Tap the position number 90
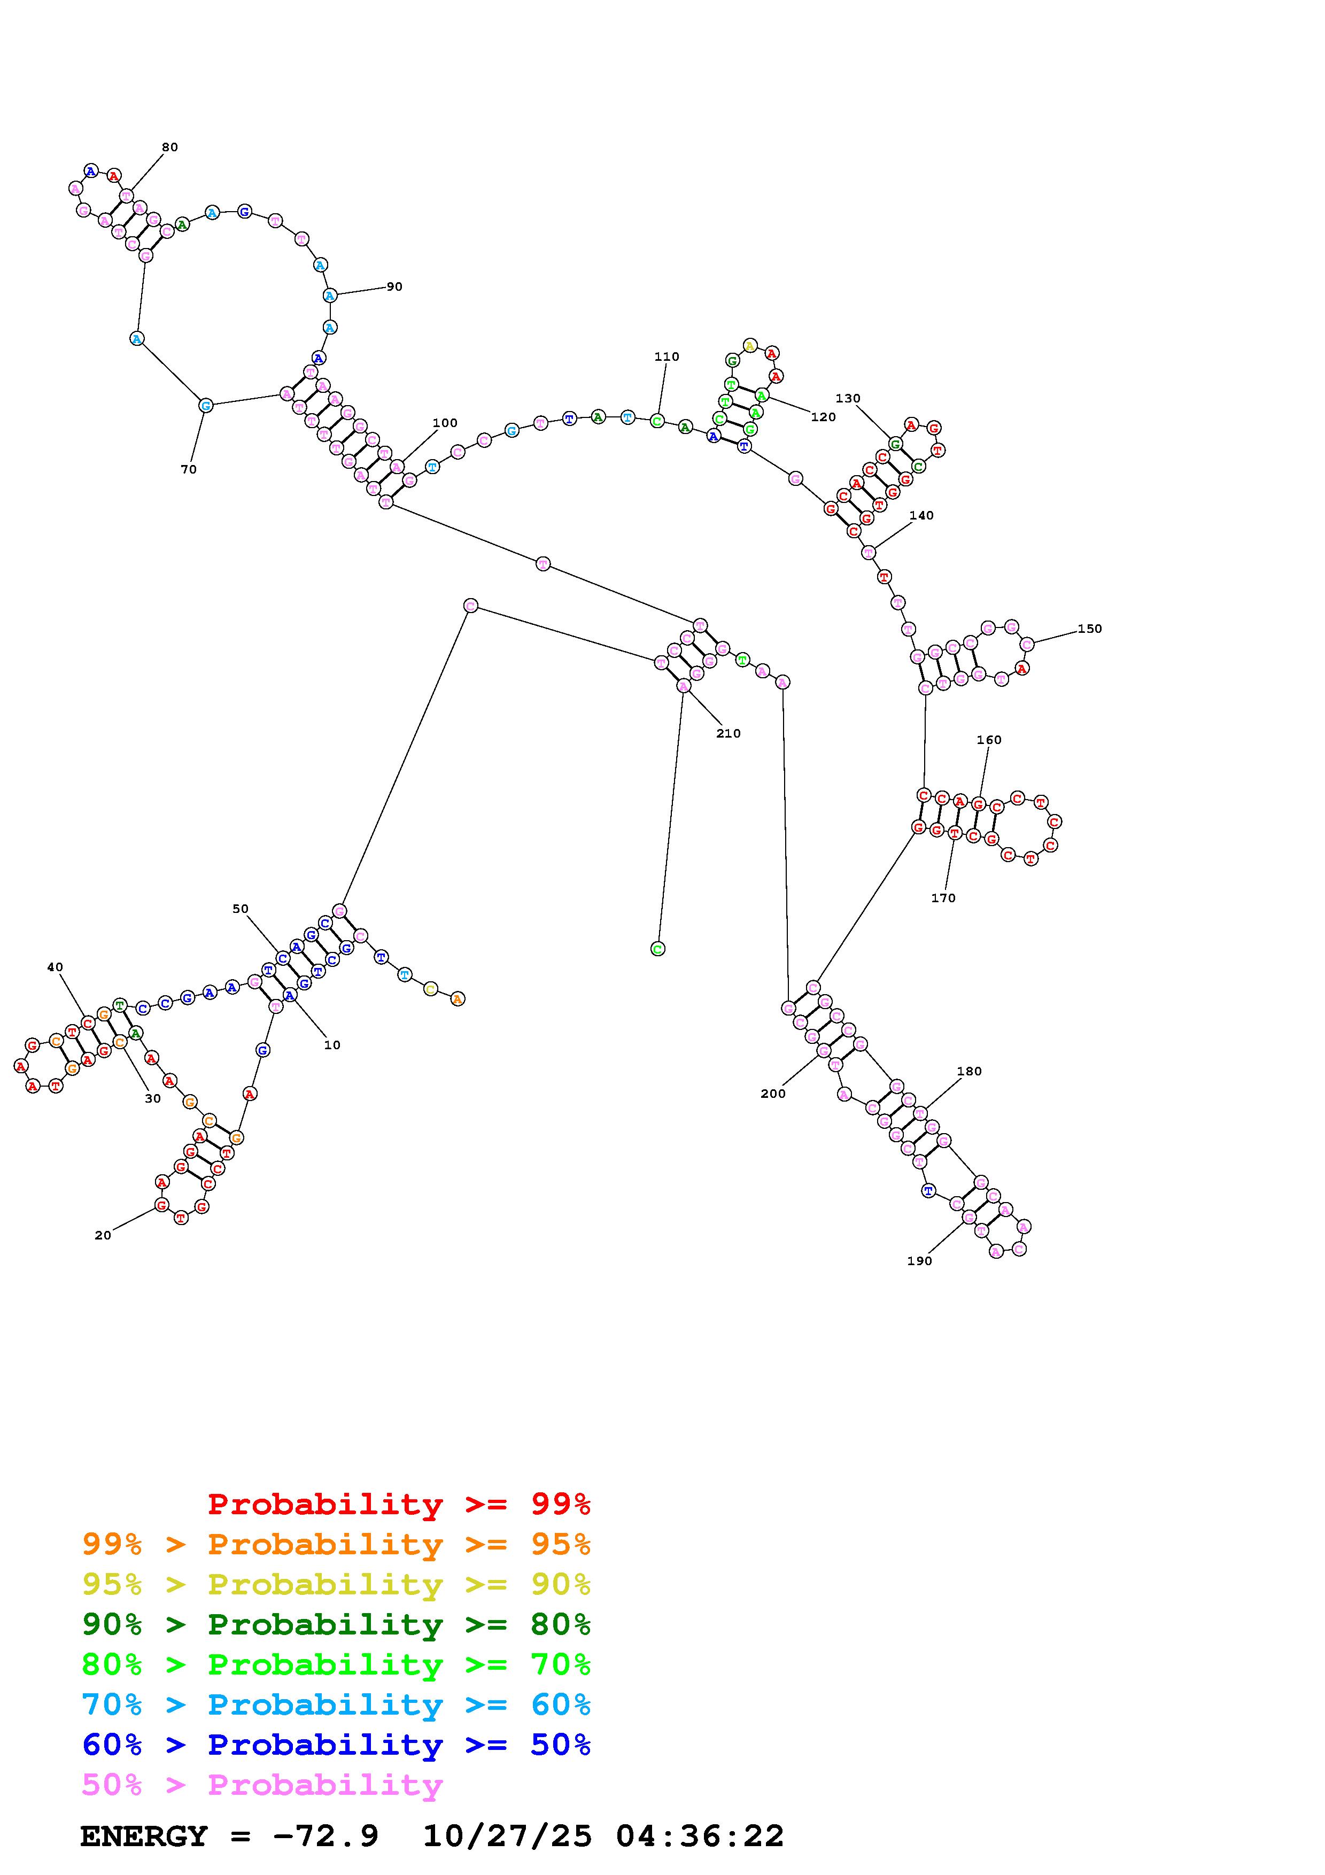pyautogui.click(x=394, y=286)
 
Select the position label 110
pyautogui.click(x=666, y=357)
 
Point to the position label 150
pyautogui.click(x=1089, y=629)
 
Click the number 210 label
pyautogui.click(x=728, y=733)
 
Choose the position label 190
pyautogui.click(x=919, y=1261)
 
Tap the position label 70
pyautogui.click(x=189, y=470)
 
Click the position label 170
pyautogui.click(x=943, y=898)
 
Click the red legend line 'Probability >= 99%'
pyautogui.click(x=399, y=1504)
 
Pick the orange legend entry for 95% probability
pyautogui.click(x=336, y=1544)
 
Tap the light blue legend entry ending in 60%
pyautogui.click(x=336, y=1705)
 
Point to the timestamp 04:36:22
pyautogui.click(x=700, y=1837)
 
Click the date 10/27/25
pyautogui.click(x=507, y=1837)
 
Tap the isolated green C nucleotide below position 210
pyautogui.click(x=657, y=949)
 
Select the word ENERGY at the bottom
pyautogui.click(x=144, y=1837)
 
